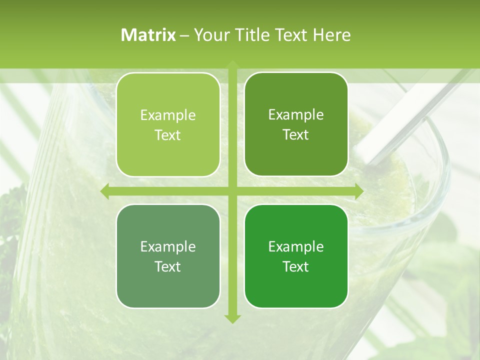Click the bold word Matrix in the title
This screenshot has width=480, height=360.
pos(148,35)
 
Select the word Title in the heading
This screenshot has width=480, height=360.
pos(254,35)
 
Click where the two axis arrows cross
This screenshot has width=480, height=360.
pos(232,191)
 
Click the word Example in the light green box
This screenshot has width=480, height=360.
pos(168,115)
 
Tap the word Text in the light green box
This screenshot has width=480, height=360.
pos(168,135)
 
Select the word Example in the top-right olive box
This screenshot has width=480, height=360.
pos(296,115)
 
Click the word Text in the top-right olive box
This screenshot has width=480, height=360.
pos(296,135)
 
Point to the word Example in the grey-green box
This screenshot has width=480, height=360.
pos(168,247)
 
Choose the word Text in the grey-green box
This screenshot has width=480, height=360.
pos(168,267)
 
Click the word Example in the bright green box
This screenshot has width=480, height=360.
pos(296,247)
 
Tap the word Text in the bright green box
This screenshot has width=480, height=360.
pos(296,267)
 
